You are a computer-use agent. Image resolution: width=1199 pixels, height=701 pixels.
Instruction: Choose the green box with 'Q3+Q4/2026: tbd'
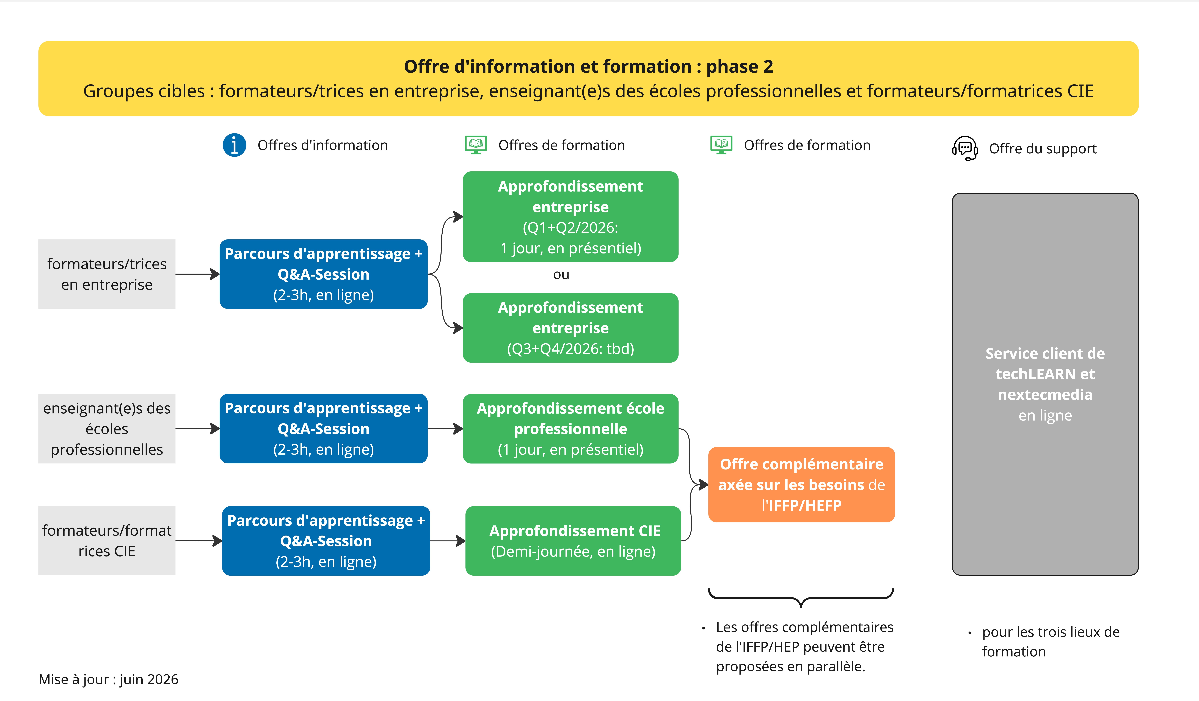[x=570, y=328]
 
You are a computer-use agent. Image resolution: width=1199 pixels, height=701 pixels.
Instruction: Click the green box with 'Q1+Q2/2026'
[x=570, y=217]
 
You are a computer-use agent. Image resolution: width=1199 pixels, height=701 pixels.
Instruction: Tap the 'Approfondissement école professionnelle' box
[x=570, y=429]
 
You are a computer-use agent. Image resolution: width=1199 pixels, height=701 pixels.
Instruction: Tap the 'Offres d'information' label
[x=323, y=145]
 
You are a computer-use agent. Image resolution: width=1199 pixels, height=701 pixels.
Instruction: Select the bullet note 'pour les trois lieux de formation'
[x=1051, y=642]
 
